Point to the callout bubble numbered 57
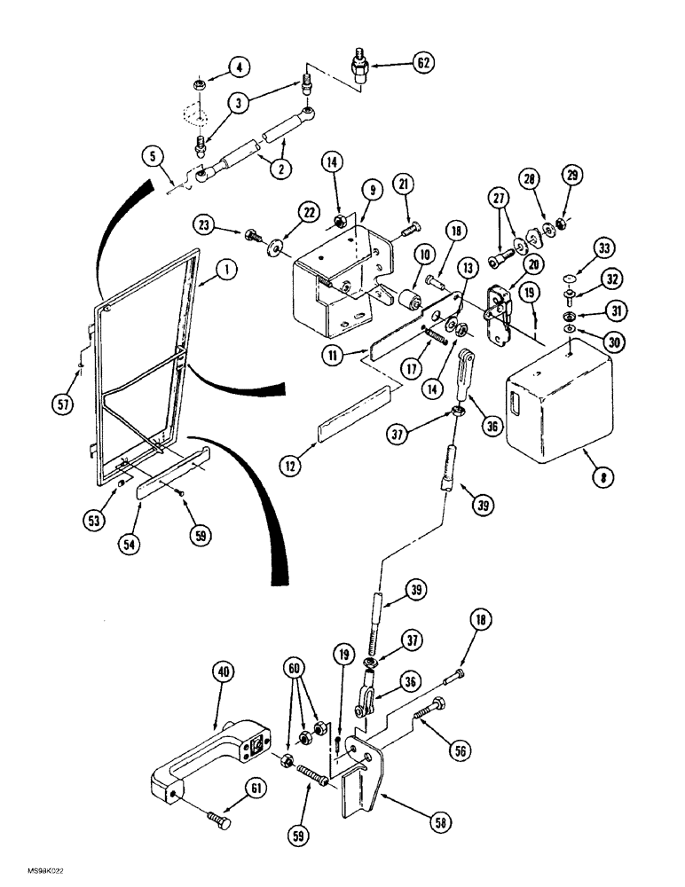pos(61,407)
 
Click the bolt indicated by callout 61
pos(217,819)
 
